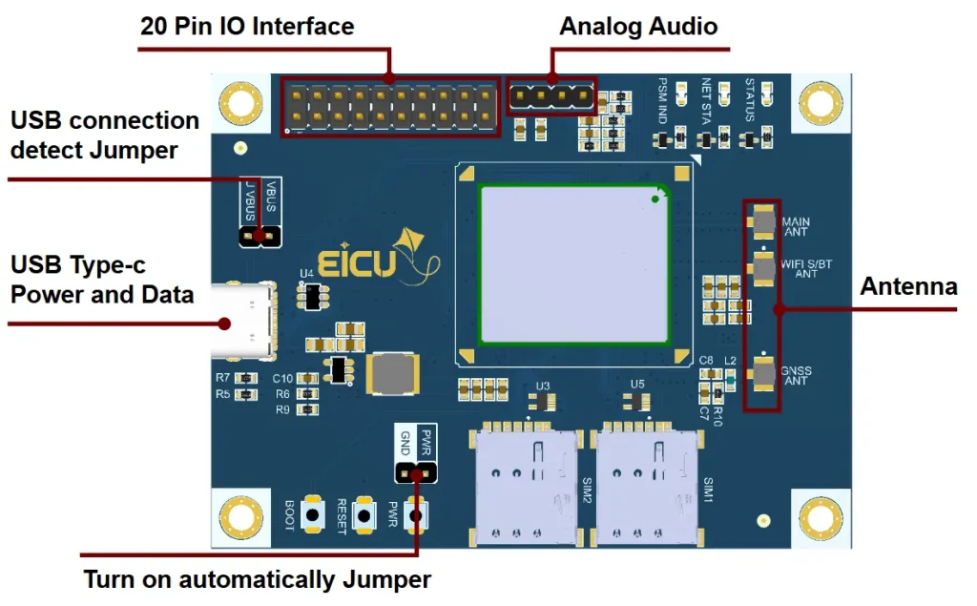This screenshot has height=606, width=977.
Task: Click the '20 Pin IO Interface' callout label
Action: [x=247, y=26]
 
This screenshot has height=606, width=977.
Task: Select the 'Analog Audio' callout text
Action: [x=638, y=26]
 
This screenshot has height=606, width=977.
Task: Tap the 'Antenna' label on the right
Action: [x=908, y=286]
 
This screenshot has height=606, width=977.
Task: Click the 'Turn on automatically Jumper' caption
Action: [x=258, y=579]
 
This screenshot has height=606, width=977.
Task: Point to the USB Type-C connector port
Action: [x=243, y=320]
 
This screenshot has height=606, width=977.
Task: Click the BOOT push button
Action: [x=312, y=515]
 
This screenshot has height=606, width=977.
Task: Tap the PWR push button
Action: [x=416, y=515]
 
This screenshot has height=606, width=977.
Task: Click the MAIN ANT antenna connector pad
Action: [x=764, y=221]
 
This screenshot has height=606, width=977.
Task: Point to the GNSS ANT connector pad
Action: [x=764, y=373]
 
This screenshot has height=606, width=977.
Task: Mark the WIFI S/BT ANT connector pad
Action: [x=764, y=268]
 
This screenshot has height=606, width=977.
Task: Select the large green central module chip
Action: [x=573, y=264]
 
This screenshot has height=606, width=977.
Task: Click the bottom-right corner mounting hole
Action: [x=820, y=518]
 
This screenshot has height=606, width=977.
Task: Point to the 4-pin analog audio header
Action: [x=551, y=96]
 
